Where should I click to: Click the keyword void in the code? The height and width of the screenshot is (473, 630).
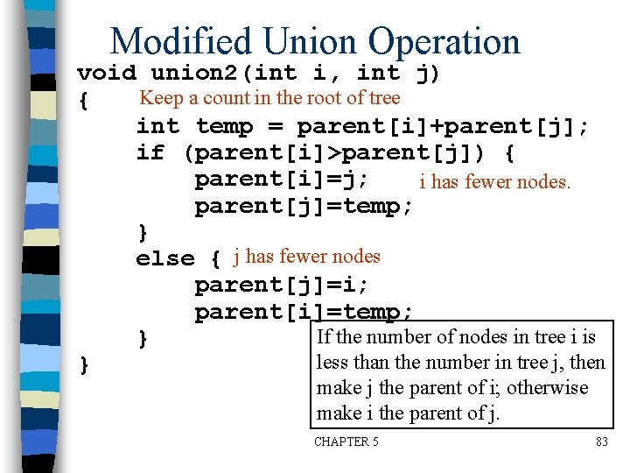click(106, 73)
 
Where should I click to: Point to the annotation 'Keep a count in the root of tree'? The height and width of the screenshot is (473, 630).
click(269, 98)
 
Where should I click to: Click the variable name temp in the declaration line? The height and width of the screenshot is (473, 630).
click(224, 127)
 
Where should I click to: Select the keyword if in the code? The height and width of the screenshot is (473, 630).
click(150, 153)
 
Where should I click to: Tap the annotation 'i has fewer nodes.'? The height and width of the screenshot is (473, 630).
click(494, 182)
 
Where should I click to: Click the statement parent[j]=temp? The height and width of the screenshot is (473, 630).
click(304, 207)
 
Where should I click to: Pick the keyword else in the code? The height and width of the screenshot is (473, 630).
click(165, 259)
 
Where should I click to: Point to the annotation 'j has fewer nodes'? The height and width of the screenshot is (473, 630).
click(306, 257)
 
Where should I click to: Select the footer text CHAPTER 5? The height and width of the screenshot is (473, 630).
click(346, 441)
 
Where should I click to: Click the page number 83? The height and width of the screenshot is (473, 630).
click(601, 441)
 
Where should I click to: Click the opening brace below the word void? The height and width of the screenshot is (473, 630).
click(83, 102)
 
